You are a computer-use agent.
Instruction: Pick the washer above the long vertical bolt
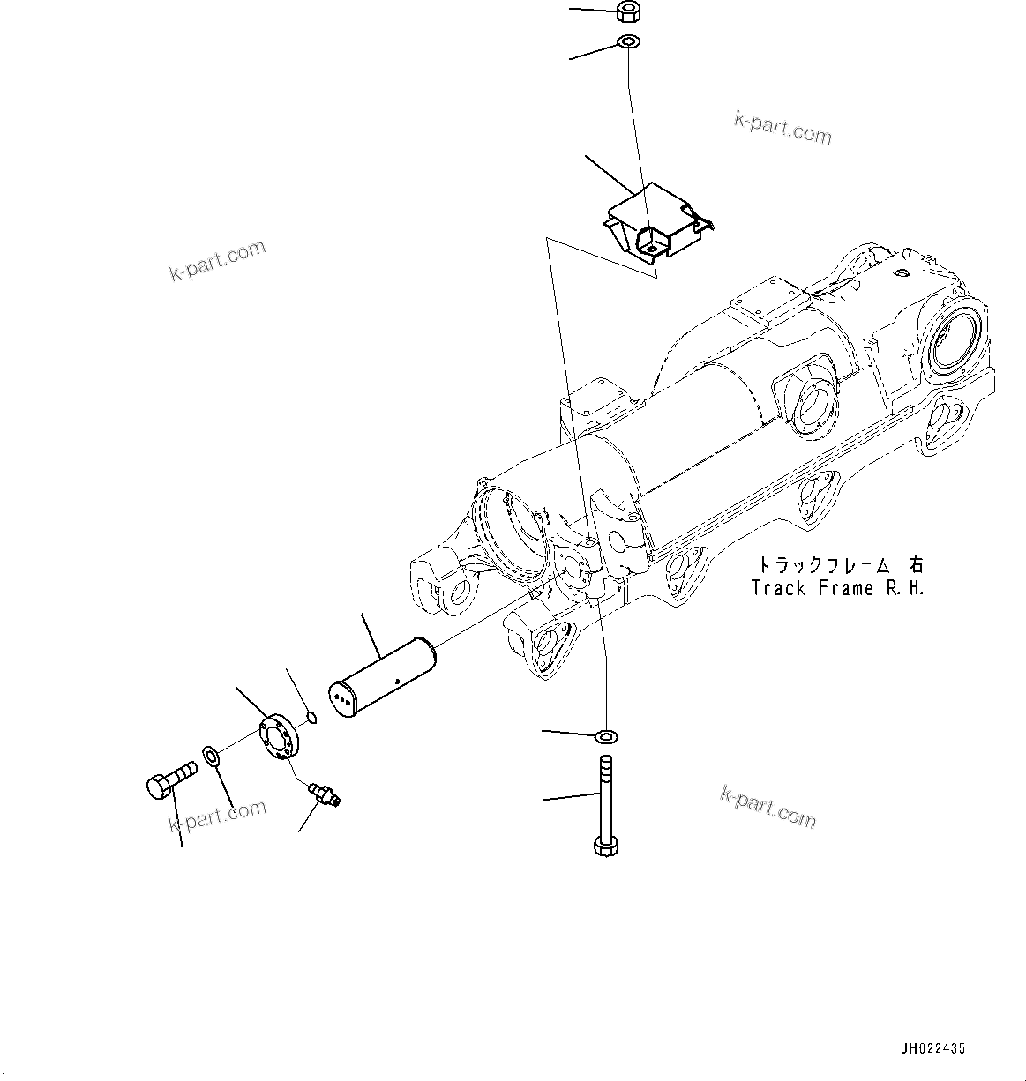[x=607, y=735]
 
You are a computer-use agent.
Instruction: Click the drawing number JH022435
[x=932, y=1048]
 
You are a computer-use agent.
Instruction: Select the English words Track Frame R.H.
[x=837, y=588]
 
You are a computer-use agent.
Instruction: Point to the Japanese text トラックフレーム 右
[x=837, y=564]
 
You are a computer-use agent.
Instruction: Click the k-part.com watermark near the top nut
[x=783, y=128]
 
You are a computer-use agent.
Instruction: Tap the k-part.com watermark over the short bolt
[x=217, y=816]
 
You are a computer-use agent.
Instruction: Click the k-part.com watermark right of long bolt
[x=768, y=807]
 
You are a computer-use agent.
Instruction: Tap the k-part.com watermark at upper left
[x=217, y=260]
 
